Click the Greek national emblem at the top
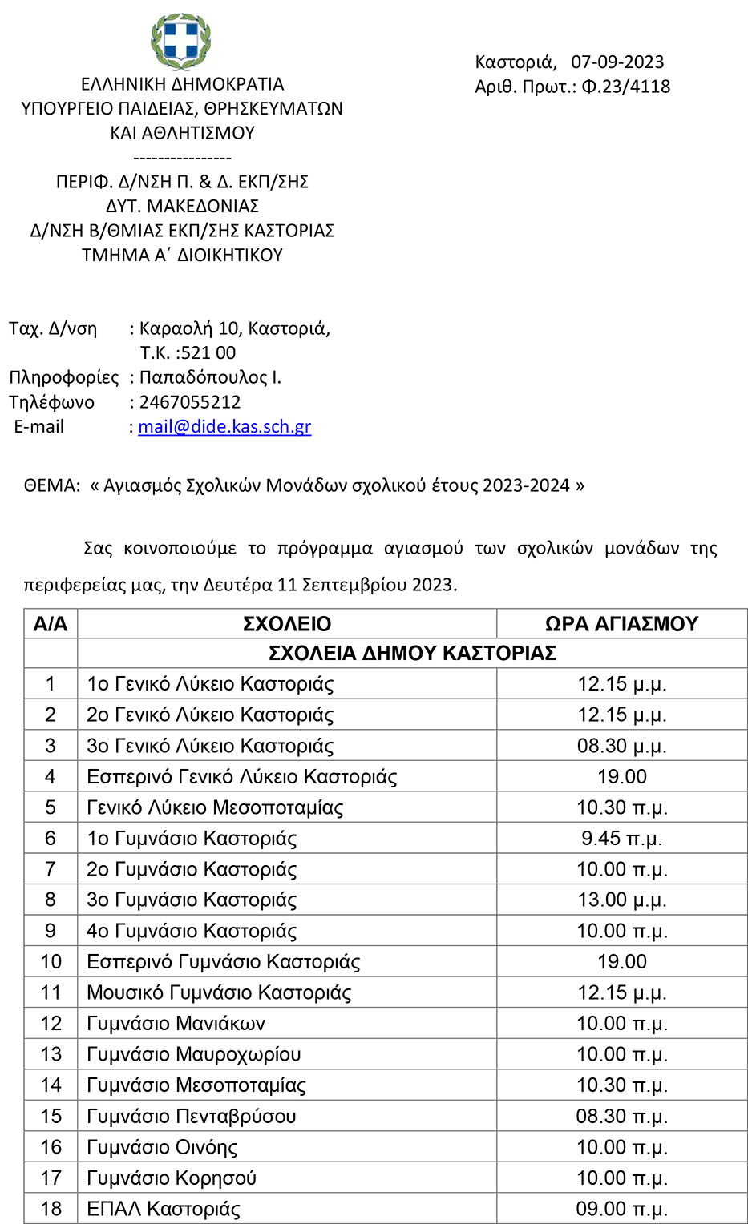(181, 39)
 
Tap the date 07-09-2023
(617, 62)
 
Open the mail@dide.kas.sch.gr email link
(224, 426)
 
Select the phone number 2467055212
(190, 401)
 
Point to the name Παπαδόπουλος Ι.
(210, 376)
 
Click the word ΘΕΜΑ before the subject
(52, 485)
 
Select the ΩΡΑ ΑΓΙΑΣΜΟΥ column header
(621, 624)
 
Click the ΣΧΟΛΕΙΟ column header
(287, 624)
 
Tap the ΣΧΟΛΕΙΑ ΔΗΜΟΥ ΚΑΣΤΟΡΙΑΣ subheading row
(412, 653)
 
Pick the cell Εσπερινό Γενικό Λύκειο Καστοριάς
(242, 776)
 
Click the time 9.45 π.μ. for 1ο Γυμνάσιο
(621, 838)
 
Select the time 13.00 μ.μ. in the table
(621, 900)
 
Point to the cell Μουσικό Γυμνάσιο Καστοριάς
(219, 992)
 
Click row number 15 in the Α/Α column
(51, 1116)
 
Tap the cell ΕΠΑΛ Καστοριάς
(164, 1209)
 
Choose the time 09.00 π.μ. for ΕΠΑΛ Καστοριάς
(621, 1209)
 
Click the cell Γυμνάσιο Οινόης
(162, 1147)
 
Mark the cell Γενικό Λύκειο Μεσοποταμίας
(215, 807)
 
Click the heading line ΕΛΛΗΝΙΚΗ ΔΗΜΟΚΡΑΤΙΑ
(183, 84)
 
